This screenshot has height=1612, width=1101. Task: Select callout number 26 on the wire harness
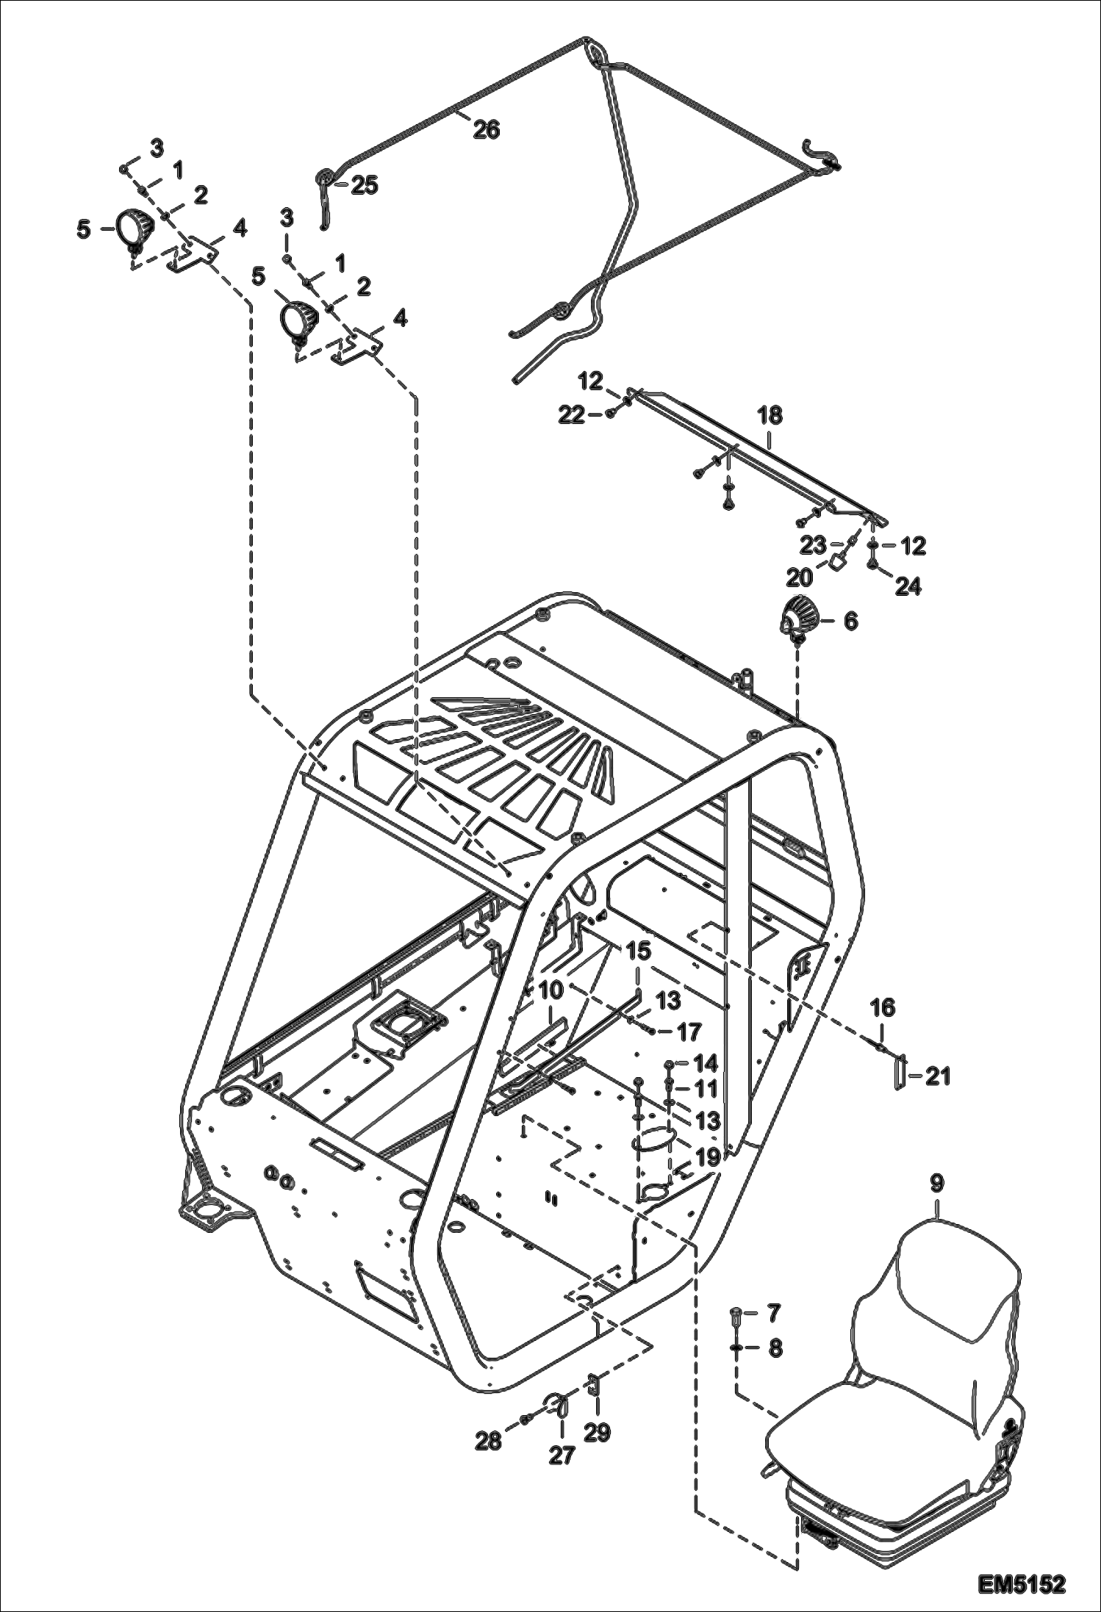tap(486, 130)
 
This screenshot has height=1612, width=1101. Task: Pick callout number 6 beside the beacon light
tap(850, 622)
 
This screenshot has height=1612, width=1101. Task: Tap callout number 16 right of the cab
tap(883, 1008)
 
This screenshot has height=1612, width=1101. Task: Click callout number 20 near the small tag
tap(800, 577)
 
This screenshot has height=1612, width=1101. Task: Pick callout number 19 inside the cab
tap(707, 1158)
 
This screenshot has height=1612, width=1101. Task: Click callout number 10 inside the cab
tap(550, 990)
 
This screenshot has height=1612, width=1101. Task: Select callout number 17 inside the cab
tap(689, 1032)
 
